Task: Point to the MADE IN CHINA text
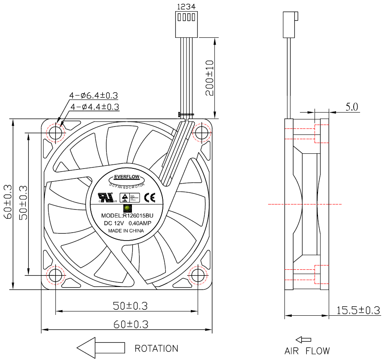[x=126, y=231]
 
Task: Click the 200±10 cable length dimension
[x=209, y=78]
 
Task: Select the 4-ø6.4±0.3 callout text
[x=94, y=95]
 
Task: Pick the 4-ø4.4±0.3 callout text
[x=95, y=106]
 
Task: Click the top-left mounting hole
[x=55, y=133]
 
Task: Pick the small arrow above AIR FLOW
[x=303, y=339]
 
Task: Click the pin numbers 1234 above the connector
[x=186, y=6]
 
